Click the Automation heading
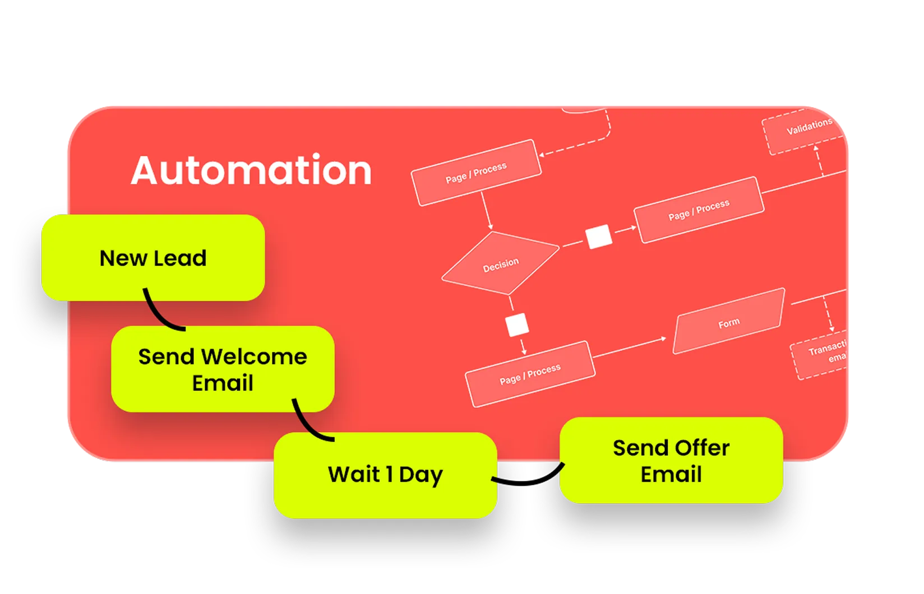point(251,170)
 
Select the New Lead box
point(153,258)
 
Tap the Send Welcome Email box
point(223,369)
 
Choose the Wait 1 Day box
point(385,475)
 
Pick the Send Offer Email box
point(671,461)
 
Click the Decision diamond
point(501,264)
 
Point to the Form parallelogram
point(728,322)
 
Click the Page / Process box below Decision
point(530,374)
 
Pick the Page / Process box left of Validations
point(699,210)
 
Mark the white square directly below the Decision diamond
point(517,325)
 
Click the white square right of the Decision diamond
point(598,236)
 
